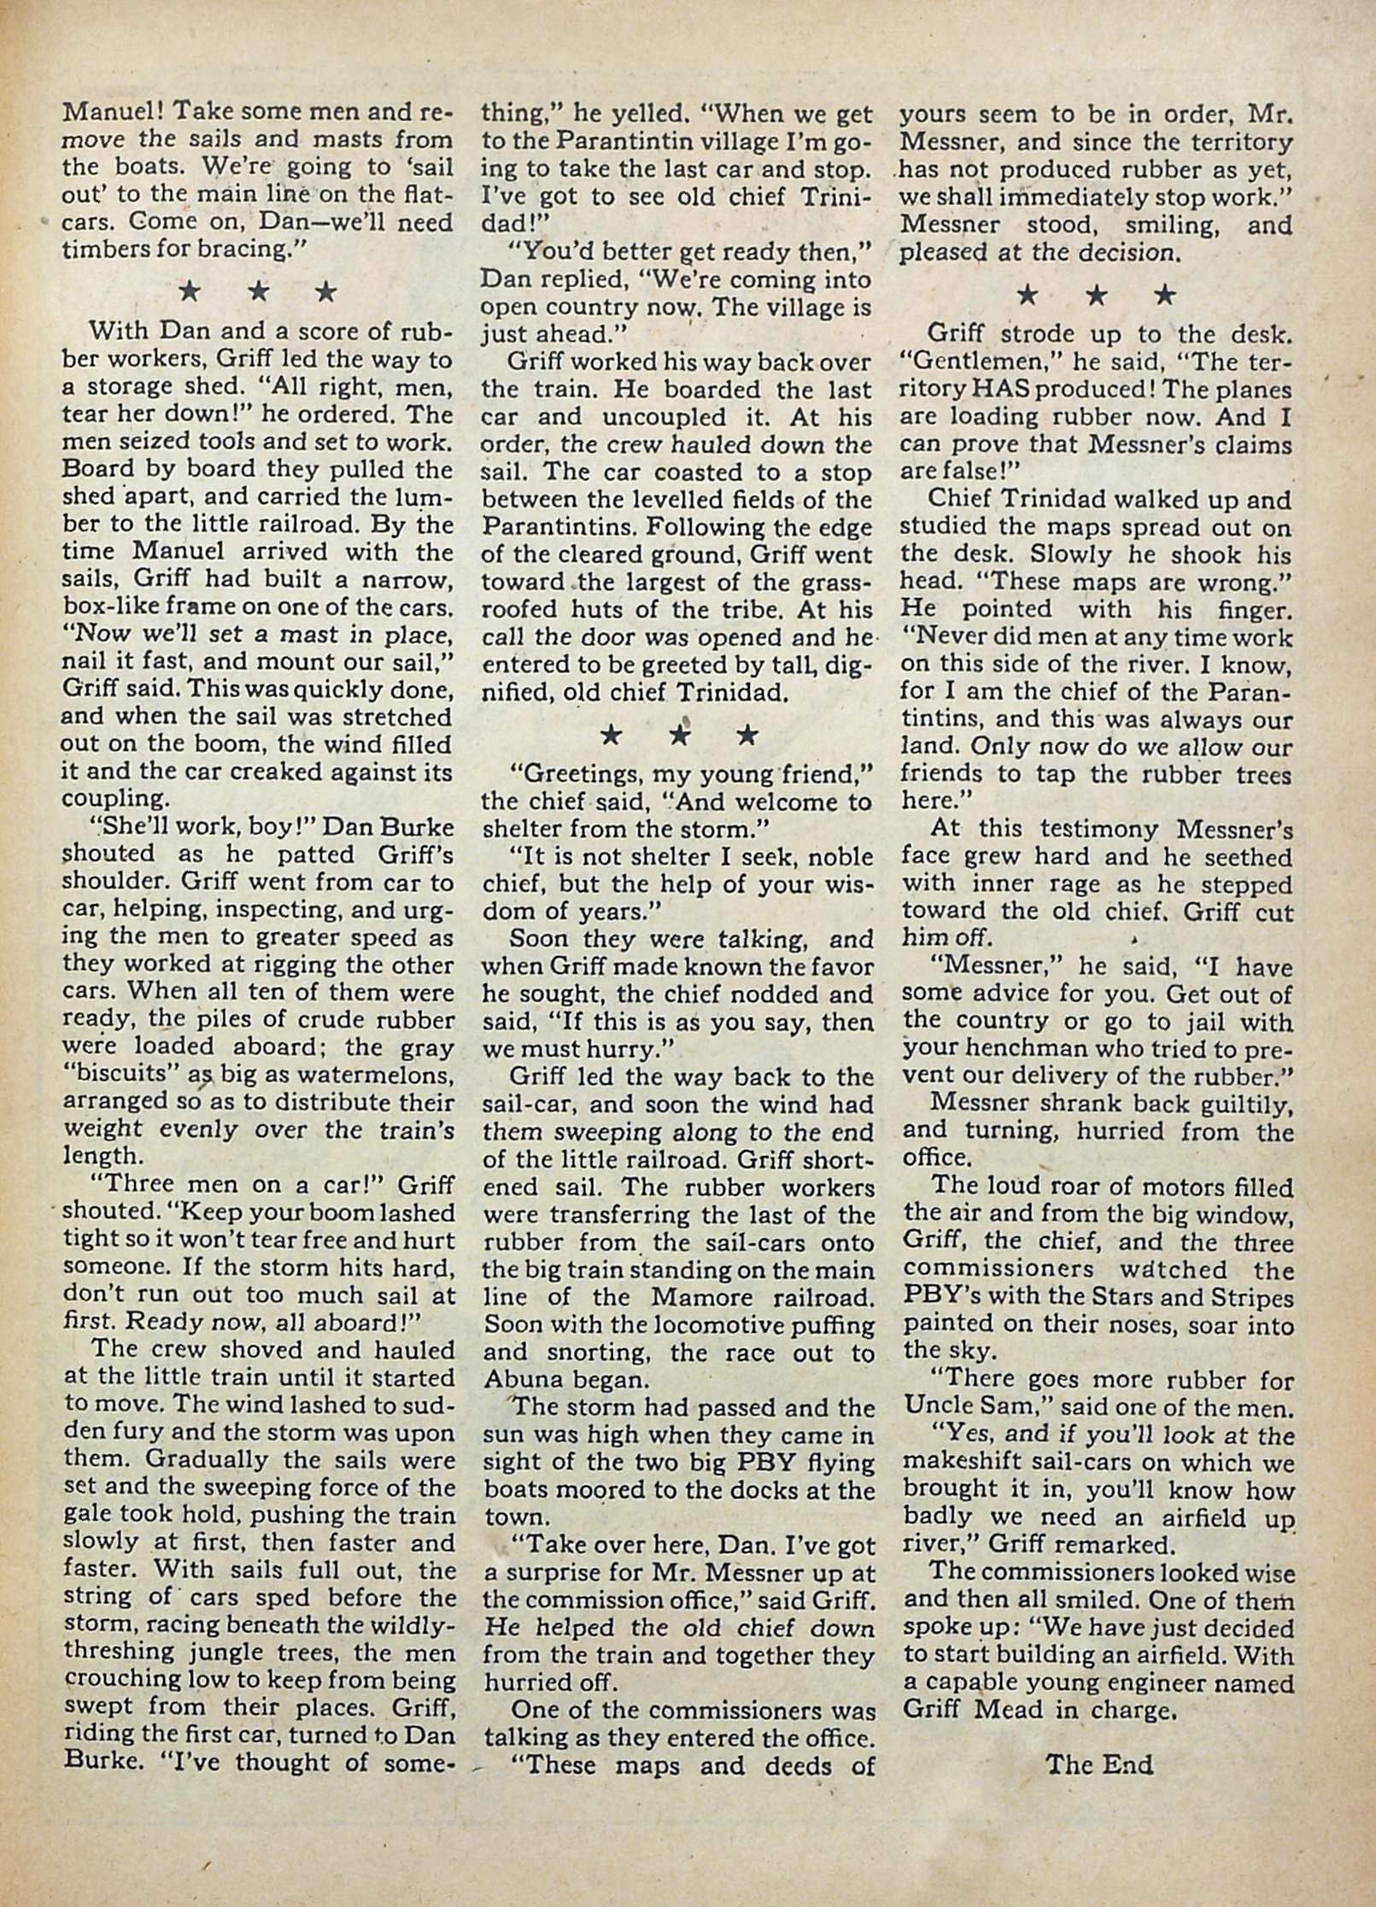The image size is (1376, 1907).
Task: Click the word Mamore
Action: point(706,1296)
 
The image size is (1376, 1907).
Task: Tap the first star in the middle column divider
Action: point(611,734)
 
